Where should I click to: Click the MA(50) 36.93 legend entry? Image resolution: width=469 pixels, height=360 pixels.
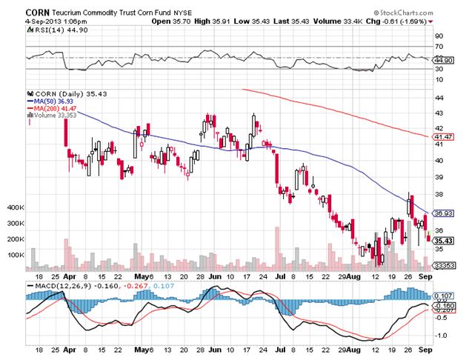pos(56,101)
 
